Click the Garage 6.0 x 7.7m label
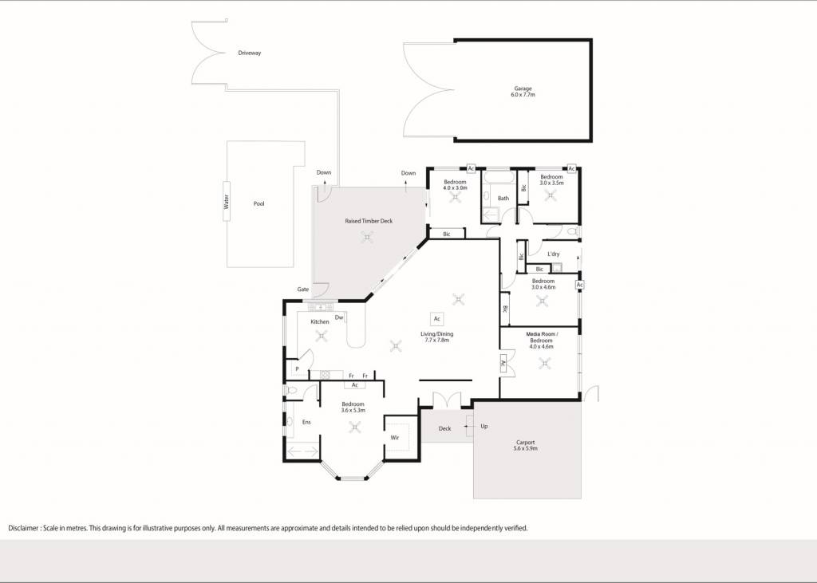coord(523,92)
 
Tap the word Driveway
coord(250,53)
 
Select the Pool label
coord(259,203)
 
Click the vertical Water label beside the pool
coord(227,202)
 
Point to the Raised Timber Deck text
coord(369,221)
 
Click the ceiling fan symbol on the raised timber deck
coord(367,238)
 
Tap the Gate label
coord(302,290)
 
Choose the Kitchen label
coord(320,322)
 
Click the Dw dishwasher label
coord(339,317)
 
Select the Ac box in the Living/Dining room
coord(437,319)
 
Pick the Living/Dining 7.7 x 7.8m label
coord(437,337)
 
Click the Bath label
coord(503,199)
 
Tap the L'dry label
coord(554,254)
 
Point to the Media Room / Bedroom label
coord(542,341)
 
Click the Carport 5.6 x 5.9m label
coord(525,446)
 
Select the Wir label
coord(395,438)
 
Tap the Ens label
coord(306,422)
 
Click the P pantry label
coord(297,369)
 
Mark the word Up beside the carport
coord(484,427)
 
